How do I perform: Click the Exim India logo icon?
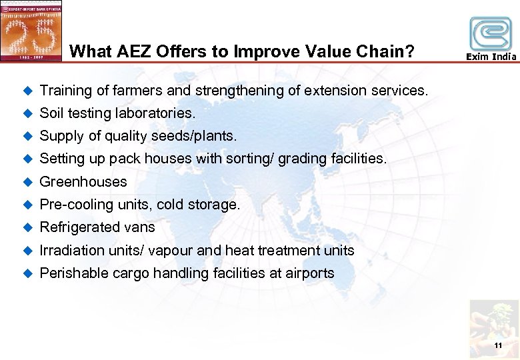pos(491,33)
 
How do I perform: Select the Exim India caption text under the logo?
pos(491,57)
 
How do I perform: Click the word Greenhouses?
pos(83,181)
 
